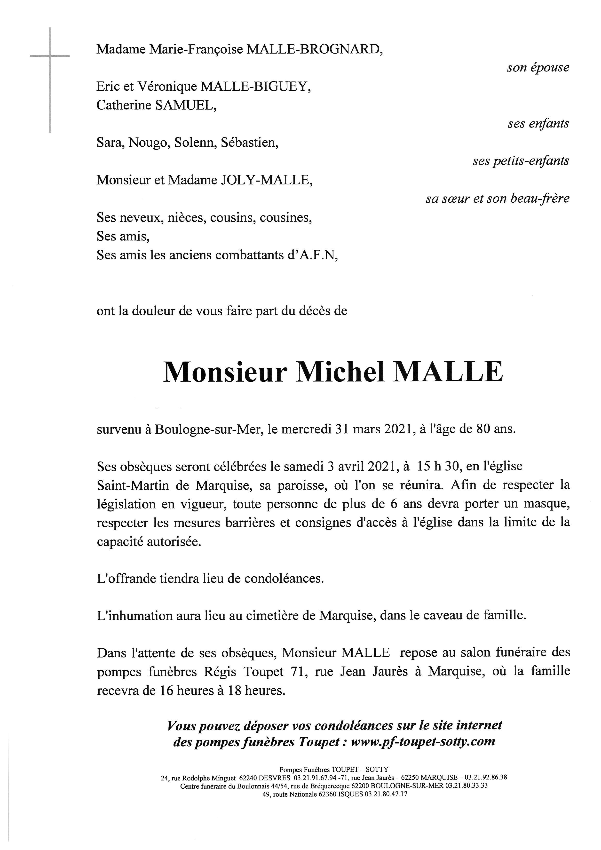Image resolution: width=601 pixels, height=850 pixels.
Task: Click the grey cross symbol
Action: (50, 56)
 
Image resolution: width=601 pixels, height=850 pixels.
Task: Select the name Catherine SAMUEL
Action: (156, 105)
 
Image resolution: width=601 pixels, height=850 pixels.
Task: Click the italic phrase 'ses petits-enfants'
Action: (521, 161)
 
